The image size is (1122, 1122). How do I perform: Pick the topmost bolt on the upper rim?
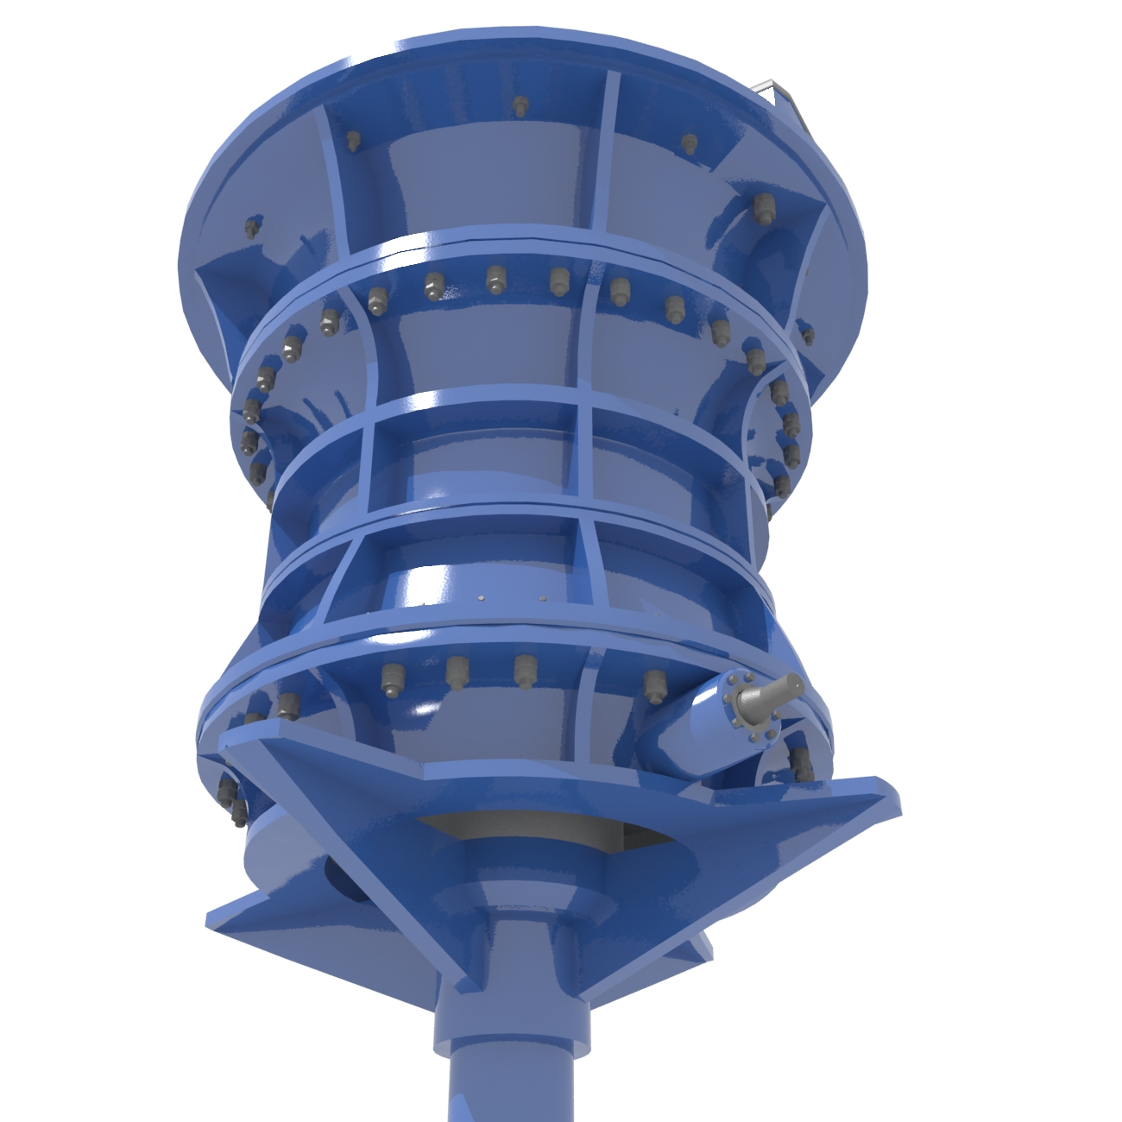[x=520, y=107]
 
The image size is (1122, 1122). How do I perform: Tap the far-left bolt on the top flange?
[x=251, y=228]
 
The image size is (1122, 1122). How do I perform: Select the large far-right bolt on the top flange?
[x=762, y=208]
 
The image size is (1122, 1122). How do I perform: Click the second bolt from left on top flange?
[x=352, y=142]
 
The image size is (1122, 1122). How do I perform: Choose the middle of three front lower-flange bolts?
[x=457, y=671]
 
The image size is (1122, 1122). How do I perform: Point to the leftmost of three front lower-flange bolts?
[x=393, y=679]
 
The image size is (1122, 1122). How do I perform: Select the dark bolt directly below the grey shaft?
[x=802, y=762]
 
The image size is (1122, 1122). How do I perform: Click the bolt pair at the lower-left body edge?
[x=232, y=799]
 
